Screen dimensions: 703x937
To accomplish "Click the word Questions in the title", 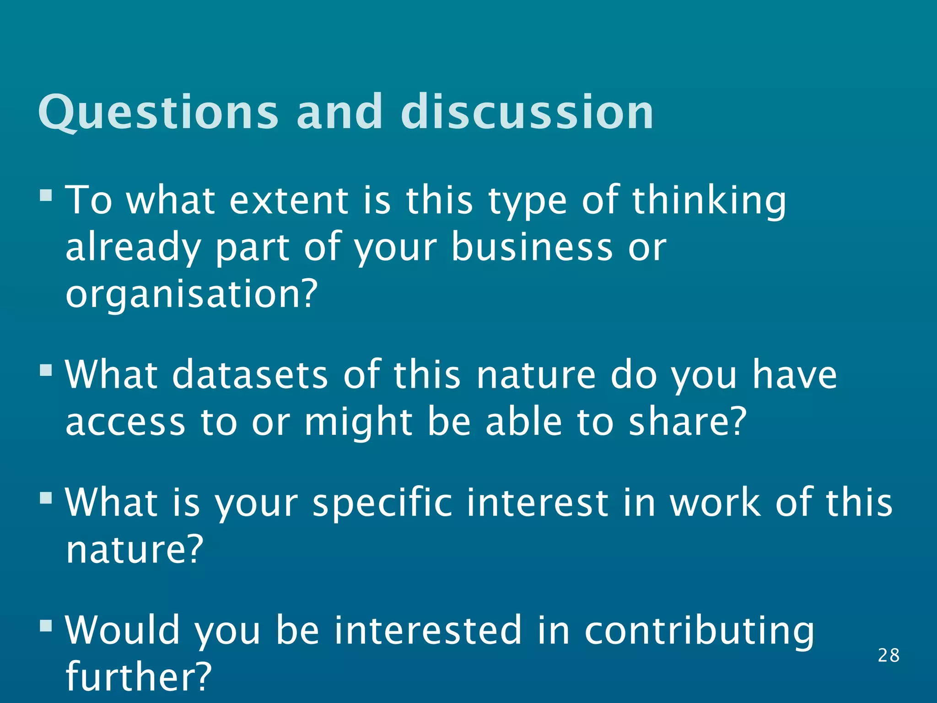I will [x=158, y=112].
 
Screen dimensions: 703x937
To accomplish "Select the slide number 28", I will [x=889, y=655].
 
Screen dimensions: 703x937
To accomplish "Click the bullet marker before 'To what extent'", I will [x=46, y=195].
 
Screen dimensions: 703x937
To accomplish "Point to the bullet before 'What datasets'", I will [x=46, y=369].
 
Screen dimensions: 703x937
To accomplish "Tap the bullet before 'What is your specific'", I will [x=46, y=497].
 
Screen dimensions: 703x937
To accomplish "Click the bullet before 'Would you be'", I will [x=46, y=625].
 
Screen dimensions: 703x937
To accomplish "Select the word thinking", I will [x=709, y=201].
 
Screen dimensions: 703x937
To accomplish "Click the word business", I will [x=532, y=247].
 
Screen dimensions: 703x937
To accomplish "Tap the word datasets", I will [x=250, y=375].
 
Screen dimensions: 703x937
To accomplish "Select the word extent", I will [x=288, y=201].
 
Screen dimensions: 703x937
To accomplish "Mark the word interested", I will [x=428, y=631].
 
